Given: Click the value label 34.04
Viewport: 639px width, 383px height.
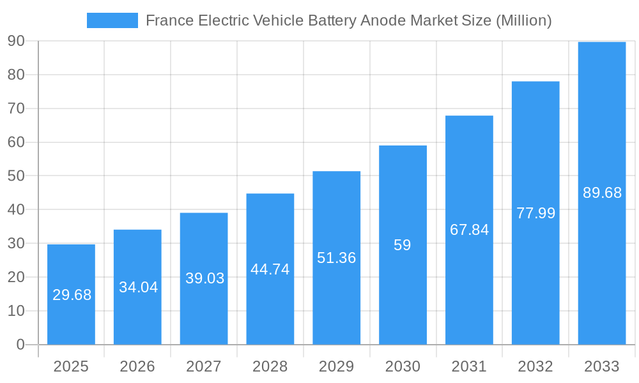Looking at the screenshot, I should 138,287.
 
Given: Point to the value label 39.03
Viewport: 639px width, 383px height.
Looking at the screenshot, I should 204,278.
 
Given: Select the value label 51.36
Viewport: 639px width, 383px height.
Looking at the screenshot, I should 337,258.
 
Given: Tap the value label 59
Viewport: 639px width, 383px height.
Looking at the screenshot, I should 403,245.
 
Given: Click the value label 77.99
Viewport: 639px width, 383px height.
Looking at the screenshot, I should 535,213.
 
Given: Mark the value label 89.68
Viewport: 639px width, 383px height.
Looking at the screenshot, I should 602,193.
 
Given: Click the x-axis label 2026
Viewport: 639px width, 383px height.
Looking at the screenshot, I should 137,366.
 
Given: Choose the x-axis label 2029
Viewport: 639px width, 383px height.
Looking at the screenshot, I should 337,366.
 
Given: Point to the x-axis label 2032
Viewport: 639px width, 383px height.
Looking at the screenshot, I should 535,366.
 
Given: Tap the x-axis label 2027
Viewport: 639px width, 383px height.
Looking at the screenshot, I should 204,366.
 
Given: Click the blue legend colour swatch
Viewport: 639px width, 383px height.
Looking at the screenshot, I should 112,20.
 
